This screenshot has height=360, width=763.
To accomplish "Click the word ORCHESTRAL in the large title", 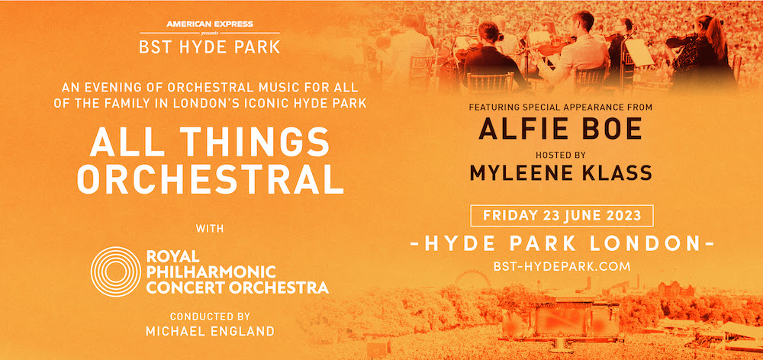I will [x=211, y=178].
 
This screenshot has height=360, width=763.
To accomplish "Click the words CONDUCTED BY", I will [x=211, y=316].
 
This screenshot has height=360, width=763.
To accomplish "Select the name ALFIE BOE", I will [x=560, y=130].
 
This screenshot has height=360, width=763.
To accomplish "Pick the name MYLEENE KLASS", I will [x=560, y=172].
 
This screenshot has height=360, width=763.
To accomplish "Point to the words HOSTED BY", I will [x=560, y=153].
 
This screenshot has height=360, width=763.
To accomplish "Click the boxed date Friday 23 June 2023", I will [x=560, y=215].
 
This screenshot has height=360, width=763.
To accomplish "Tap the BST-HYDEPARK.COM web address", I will [x=560, y=265].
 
